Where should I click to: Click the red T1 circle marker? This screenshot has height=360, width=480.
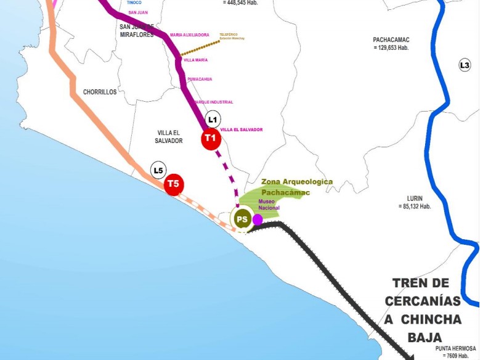211,139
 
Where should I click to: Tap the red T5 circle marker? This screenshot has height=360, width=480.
174,184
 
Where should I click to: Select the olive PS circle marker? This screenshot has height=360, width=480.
242,219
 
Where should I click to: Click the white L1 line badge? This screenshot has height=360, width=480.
213,120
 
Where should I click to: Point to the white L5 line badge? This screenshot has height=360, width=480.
158,170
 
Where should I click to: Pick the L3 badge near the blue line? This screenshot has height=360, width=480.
465,65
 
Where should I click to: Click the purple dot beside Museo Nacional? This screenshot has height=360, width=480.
258,219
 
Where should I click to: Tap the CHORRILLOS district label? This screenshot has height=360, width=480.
100,92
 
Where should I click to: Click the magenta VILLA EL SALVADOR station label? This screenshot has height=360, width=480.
241,129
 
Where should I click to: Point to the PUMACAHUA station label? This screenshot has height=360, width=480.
200,79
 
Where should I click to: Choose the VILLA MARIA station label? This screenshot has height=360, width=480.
195,60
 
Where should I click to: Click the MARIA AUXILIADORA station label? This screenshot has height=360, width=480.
190,35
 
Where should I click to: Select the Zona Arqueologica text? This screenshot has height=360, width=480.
296,182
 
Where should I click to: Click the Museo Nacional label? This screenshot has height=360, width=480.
269,205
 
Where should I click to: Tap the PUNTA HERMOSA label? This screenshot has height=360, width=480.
457,348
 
